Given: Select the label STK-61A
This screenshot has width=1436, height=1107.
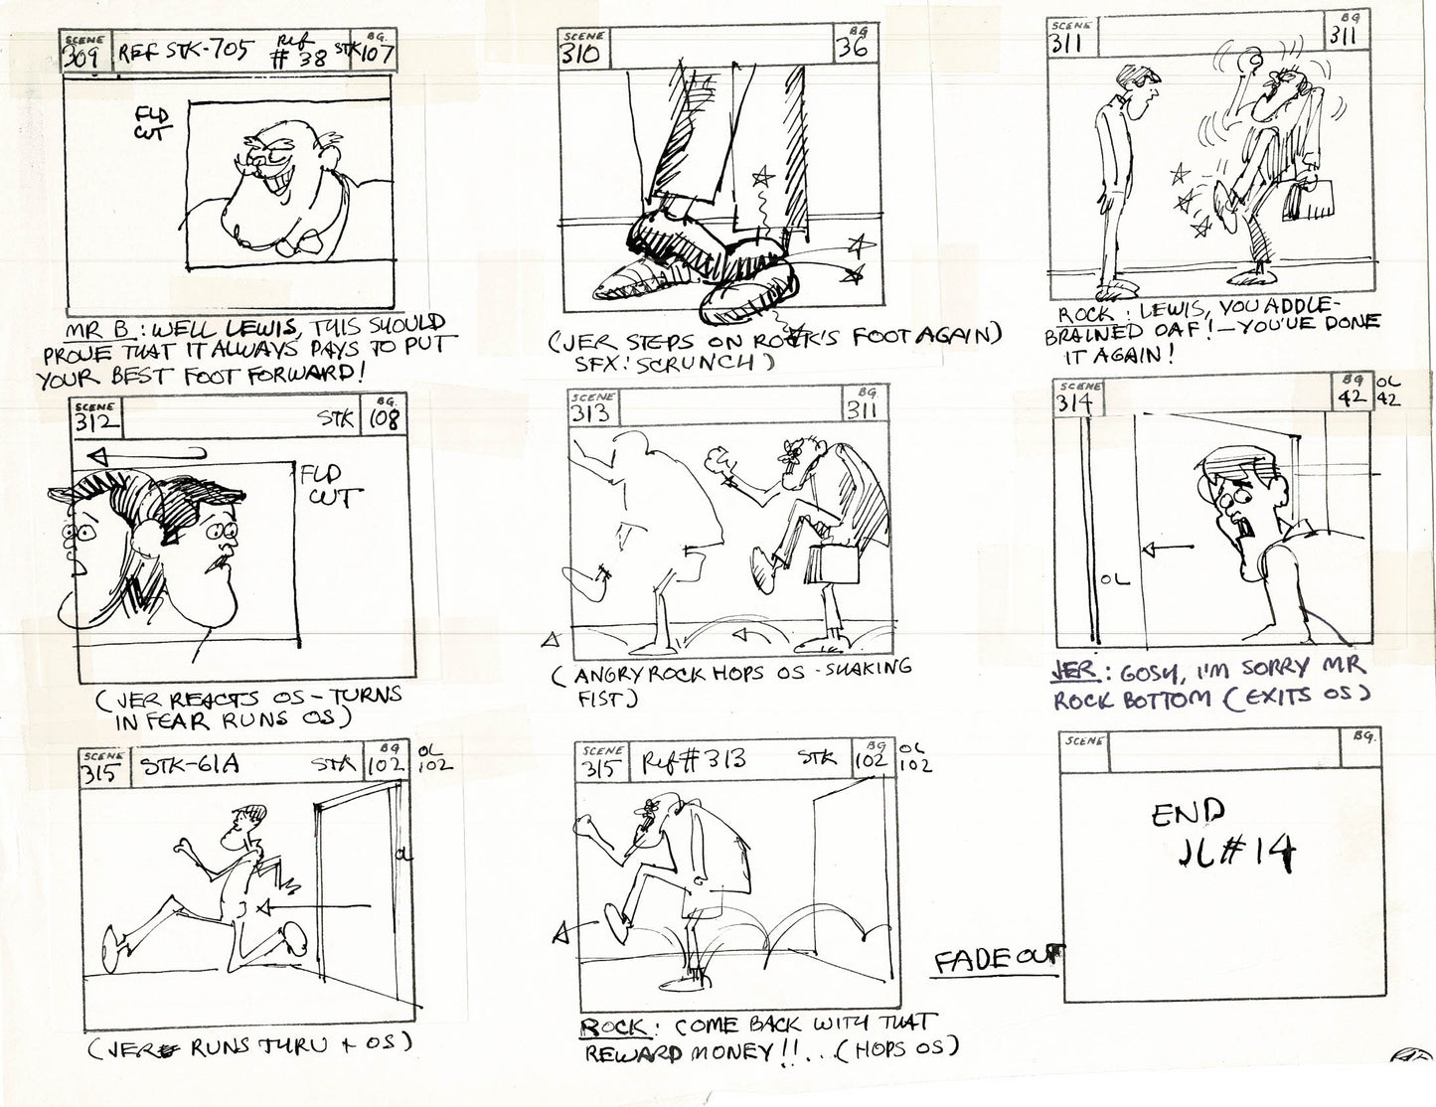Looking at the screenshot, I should (184, 766).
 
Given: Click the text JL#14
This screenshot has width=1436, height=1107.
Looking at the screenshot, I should (1230, 854).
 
